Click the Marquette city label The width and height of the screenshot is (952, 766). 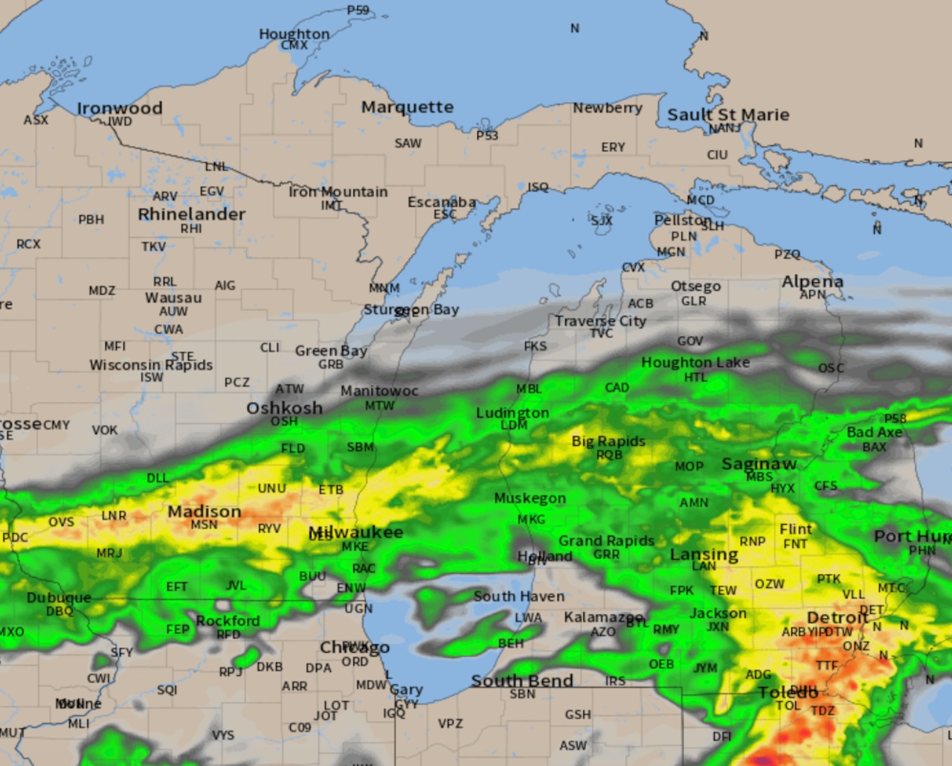coord(407,107)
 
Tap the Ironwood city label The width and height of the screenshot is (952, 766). coord(119,108)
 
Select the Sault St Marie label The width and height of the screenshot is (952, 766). coord(728,115)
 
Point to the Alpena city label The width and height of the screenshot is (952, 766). coord(812,281)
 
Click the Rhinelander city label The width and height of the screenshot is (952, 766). coord(191,214)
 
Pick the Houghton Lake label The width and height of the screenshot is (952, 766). coord(695,363)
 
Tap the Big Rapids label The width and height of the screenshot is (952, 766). coord(608,441)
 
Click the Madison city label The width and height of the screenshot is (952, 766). coord(204,511)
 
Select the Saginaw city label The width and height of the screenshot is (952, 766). coord(759,464)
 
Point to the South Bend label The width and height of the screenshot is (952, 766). coord(522,680)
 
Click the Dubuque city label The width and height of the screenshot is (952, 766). coord(59,598)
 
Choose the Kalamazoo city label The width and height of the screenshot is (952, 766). coord(602,617)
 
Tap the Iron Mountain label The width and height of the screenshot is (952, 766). coord(338,192)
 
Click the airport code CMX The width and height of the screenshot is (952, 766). coord(295,45)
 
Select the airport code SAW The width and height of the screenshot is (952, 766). coord(408,143)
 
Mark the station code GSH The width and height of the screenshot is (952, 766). coord(578,715)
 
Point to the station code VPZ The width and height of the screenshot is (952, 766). coord(450,724)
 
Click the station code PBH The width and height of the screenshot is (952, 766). coord(91,220)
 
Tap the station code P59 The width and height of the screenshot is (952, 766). coord(358,10)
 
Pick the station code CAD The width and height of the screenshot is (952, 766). coord(617,388)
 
